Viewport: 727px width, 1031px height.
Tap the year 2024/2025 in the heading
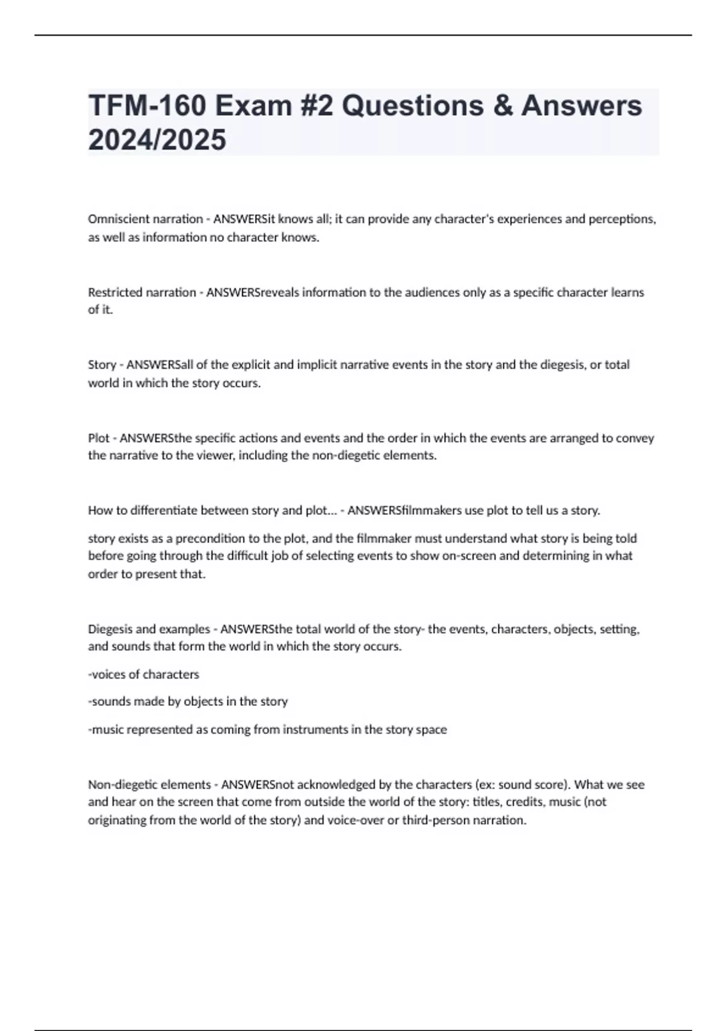tap(157, 140)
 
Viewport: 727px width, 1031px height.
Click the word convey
tap(635, 438)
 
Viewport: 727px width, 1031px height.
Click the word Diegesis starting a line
tap(110, 630)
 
